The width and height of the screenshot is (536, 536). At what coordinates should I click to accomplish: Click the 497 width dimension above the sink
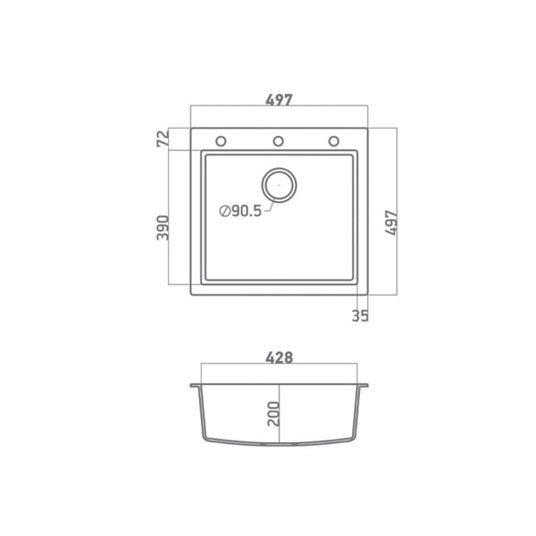coord(279,99)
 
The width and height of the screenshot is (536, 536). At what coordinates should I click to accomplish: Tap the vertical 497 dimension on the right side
coord(391,222)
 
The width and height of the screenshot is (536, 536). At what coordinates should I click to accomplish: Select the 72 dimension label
coord(163,138)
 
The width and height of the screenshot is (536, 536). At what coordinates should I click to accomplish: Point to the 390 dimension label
coord(163,228)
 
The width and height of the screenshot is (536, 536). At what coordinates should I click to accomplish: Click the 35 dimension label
coord(360,316)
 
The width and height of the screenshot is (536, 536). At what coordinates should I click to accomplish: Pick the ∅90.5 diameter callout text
coord(240,211)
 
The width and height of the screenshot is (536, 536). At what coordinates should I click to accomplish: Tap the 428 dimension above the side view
coord(280,357)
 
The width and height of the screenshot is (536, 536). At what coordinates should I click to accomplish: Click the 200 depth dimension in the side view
coord(273,414)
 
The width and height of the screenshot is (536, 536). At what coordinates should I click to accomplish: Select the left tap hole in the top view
coord(221,141)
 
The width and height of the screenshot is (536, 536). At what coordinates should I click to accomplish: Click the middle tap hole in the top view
coord(278,141)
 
